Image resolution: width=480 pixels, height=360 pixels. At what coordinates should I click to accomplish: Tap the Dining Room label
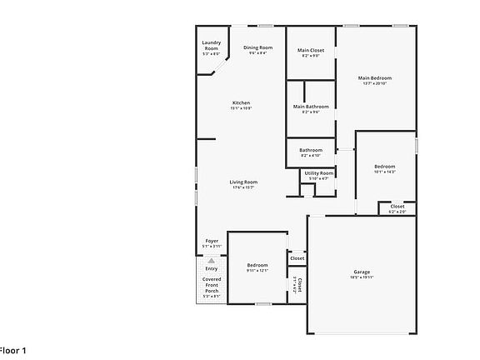tap(257, 47)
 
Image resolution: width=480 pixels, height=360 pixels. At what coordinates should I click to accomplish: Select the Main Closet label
tap(311, 50)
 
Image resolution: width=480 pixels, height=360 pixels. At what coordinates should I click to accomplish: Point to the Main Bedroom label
tap(375, 78)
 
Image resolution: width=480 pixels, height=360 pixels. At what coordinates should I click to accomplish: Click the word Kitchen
tap(241, 102)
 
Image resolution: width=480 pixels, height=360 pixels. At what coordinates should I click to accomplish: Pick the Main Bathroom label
tap(311, 107)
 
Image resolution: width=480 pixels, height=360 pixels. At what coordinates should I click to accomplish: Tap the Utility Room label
tap(319, 172)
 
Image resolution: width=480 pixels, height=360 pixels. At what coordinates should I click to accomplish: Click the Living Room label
tap(243, 182)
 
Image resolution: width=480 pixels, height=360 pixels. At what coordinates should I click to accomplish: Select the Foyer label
tap(212, 241)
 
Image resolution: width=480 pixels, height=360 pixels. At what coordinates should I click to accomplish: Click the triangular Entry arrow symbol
tap(212, 261)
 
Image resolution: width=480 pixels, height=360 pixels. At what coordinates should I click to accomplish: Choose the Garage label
tap(362, 272)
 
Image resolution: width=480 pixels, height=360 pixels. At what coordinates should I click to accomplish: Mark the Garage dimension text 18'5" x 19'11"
tap(362, 277)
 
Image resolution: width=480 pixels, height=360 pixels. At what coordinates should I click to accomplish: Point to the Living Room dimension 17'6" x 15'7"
tap(243, 187)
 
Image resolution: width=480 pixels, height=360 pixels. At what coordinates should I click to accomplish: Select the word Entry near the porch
tap(212, 268)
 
